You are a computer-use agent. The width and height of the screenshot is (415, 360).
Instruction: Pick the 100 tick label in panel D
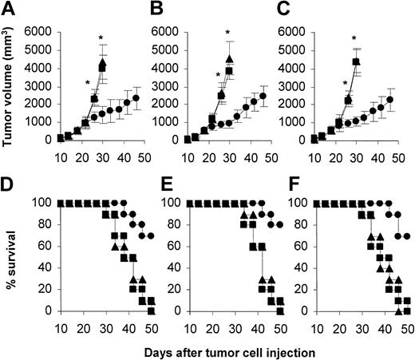[41, 204]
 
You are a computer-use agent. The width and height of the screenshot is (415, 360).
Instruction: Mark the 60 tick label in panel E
[174, 247]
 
